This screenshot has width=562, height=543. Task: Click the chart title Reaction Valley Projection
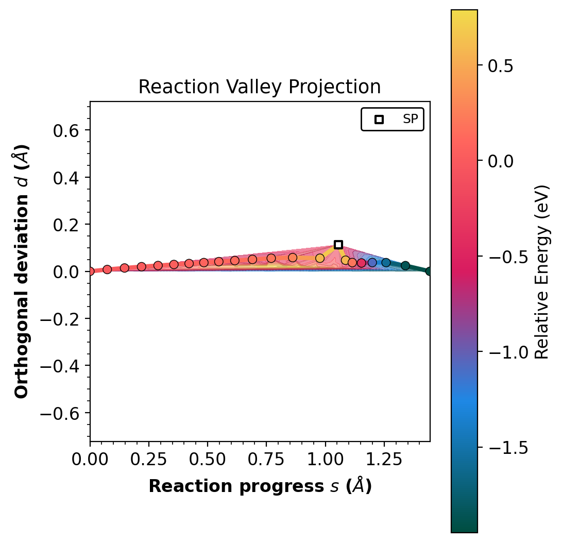click(x=260, y=87)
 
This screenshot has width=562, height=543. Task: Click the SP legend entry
click(x=393, y=119)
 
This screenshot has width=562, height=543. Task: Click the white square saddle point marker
click(x=338, y=245)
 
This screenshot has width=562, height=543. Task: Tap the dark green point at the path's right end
click(x=429, y=271)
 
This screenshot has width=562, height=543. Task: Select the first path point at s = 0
click(x=91, y=271)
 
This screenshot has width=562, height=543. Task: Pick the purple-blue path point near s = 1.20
click(x=372, y=263)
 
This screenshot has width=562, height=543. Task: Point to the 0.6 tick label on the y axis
click(x=66, y=130)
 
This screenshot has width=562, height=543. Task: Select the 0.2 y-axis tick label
click(x=66, y=225)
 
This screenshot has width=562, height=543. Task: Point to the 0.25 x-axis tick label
click(x=149, y=460)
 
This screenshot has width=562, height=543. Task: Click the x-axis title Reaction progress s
click(x=260, y=486)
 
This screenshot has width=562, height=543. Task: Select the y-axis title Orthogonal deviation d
click(x=22, y=271)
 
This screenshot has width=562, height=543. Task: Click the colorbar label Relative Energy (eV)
click(x=542, y=271)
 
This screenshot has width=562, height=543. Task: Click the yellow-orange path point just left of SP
click(x=320, y=258)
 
